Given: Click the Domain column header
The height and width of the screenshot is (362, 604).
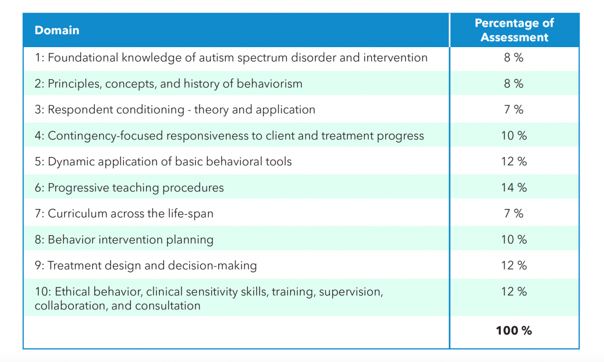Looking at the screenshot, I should click(57, 30).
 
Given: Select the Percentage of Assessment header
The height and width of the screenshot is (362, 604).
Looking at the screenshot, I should click(514, 30).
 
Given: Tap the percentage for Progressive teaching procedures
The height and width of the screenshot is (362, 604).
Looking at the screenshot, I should click(514, 187).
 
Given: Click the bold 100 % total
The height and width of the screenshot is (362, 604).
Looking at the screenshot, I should click(514, 331).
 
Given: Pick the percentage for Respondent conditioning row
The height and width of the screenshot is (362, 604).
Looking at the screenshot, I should click(514, 109).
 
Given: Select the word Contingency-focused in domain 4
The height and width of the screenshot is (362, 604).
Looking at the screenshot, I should click(105, 136).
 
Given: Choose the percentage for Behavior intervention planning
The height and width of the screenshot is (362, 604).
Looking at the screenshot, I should click(514, 240).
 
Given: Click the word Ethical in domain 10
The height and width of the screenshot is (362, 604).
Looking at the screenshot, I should click(69, 292).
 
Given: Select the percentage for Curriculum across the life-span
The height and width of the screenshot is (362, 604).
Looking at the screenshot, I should click(514, 214).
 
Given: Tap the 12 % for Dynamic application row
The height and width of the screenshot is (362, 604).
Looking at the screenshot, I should click(514, 162).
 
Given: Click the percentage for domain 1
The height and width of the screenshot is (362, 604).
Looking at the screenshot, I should click(514, 58).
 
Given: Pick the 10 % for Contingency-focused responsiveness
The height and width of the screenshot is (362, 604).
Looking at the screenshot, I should click(514, 136).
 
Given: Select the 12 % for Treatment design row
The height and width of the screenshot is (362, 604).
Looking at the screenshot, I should click(514, 266).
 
